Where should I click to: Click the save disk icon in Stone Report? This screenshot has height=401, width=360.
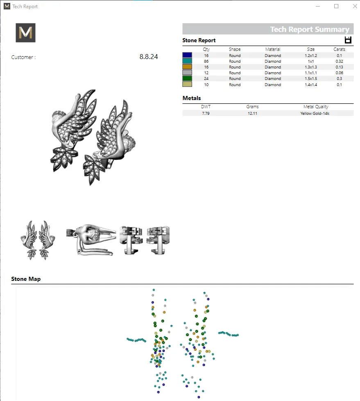(348, 40)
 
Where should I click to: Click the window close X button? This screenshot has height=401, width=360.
(355, 6)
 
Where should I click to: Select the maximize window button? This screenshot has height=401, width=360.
(336, 6)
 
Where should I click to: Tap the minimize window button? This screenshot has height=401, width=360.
(318, 6)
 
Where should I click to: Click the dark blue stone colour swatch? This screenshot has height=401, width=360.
(187, 55)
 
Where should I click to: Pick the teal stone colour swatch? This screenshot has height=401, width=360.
(187, 61)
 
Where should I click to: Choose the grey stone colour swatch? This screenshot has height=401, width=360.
(187, 73)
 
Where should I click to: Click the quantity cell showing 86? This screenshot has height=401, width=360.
(206, 61)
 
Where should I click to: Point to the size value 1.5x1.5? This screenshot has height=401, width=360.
(311, 79)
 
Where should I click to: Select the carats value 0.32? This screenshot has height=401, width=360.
(339, 61)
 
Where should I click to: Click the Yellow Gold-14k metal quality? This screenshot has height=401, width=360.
(316, 113)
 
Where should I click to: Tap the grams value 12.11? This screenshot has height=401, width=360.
(252, 113)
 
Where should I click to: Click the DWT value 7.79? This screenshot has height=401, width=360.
(206, 113)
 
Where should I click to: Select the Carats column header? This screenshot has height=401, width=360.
(339, 49)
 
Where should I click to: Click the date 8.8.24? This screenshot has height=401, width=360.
(148, 57)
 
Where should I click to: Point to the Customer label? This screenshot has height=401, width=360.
(23, 57)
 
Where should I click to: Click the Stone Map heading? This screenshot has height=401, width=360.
(26, 279)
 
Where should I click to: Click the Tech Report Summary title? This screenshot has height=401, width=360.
(310, 30)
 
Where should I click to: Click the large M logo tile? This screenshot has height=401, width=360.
(25, 33)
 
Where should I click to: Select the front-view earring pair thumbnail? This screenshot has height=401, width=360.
(38, 240)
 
